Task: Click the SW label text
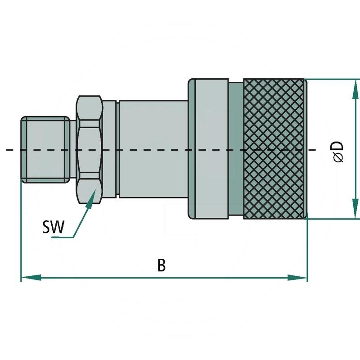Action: (53, 227)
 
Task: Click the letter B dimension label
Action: (161, 265)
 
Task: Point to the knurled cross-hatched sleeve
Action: (274, 148)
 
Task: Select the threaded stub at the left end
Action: (45, 150)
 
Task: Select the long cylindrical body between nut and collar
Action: (153, 148)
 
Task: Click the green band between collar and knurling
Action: (235, 148)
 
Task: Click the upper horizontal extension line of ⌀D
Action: (333, 80)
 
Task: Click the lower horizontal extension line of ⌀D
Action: (333, 219)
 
